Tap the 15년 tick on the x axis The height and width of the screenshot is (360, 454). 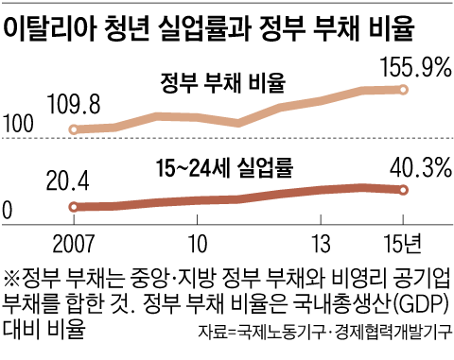point(406,239)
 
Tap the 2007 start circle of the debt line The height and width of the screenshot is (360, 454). point(74,129)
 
